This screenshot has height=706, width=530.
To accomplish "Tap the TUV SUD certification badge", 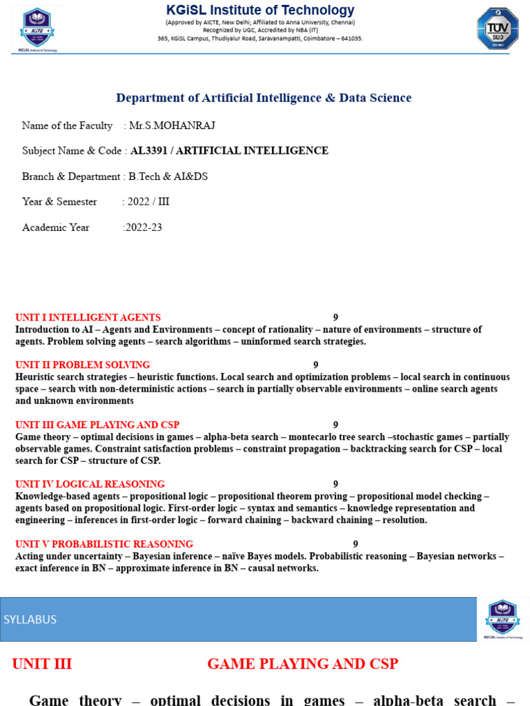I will click(x=497, y=28).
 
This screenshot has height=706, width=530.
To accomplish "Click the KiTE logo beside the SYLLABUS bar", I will click(x=502, y=618).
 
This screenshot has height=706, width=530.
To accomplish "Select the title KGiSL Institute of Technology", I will click(x=260, y=10).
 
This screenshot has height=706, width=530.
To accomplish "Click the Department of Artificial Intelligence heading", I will click(x=264, y=98).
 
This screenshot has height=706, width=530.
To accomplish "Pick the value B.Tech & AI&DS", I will click(x=168, y=176).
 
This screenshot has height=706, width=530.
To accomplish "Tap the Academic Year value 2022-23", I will click(x=143, y=228).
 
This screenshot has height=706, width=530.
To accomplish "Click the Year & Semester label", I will click(x=59, y=202).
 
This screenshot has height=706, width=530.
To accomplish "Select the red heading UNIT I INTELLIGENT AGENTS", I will click(x=88, y=318).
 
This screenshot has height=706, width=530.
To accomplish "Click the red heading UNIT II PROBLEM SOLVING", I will click(x=83, y=365).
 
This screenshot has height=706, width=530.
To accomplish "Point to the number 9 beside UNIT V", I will click(x=355, y=544).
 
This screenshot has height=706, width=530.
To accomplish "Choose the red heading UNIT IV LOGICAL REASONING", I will click(x=90, y=484).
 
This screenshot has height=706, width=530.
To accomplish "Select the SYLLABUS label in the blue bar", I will click(x=30, y=619).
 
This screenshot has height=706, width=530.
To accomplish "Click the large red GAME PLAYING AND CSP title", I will click(x=302, y=664).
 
